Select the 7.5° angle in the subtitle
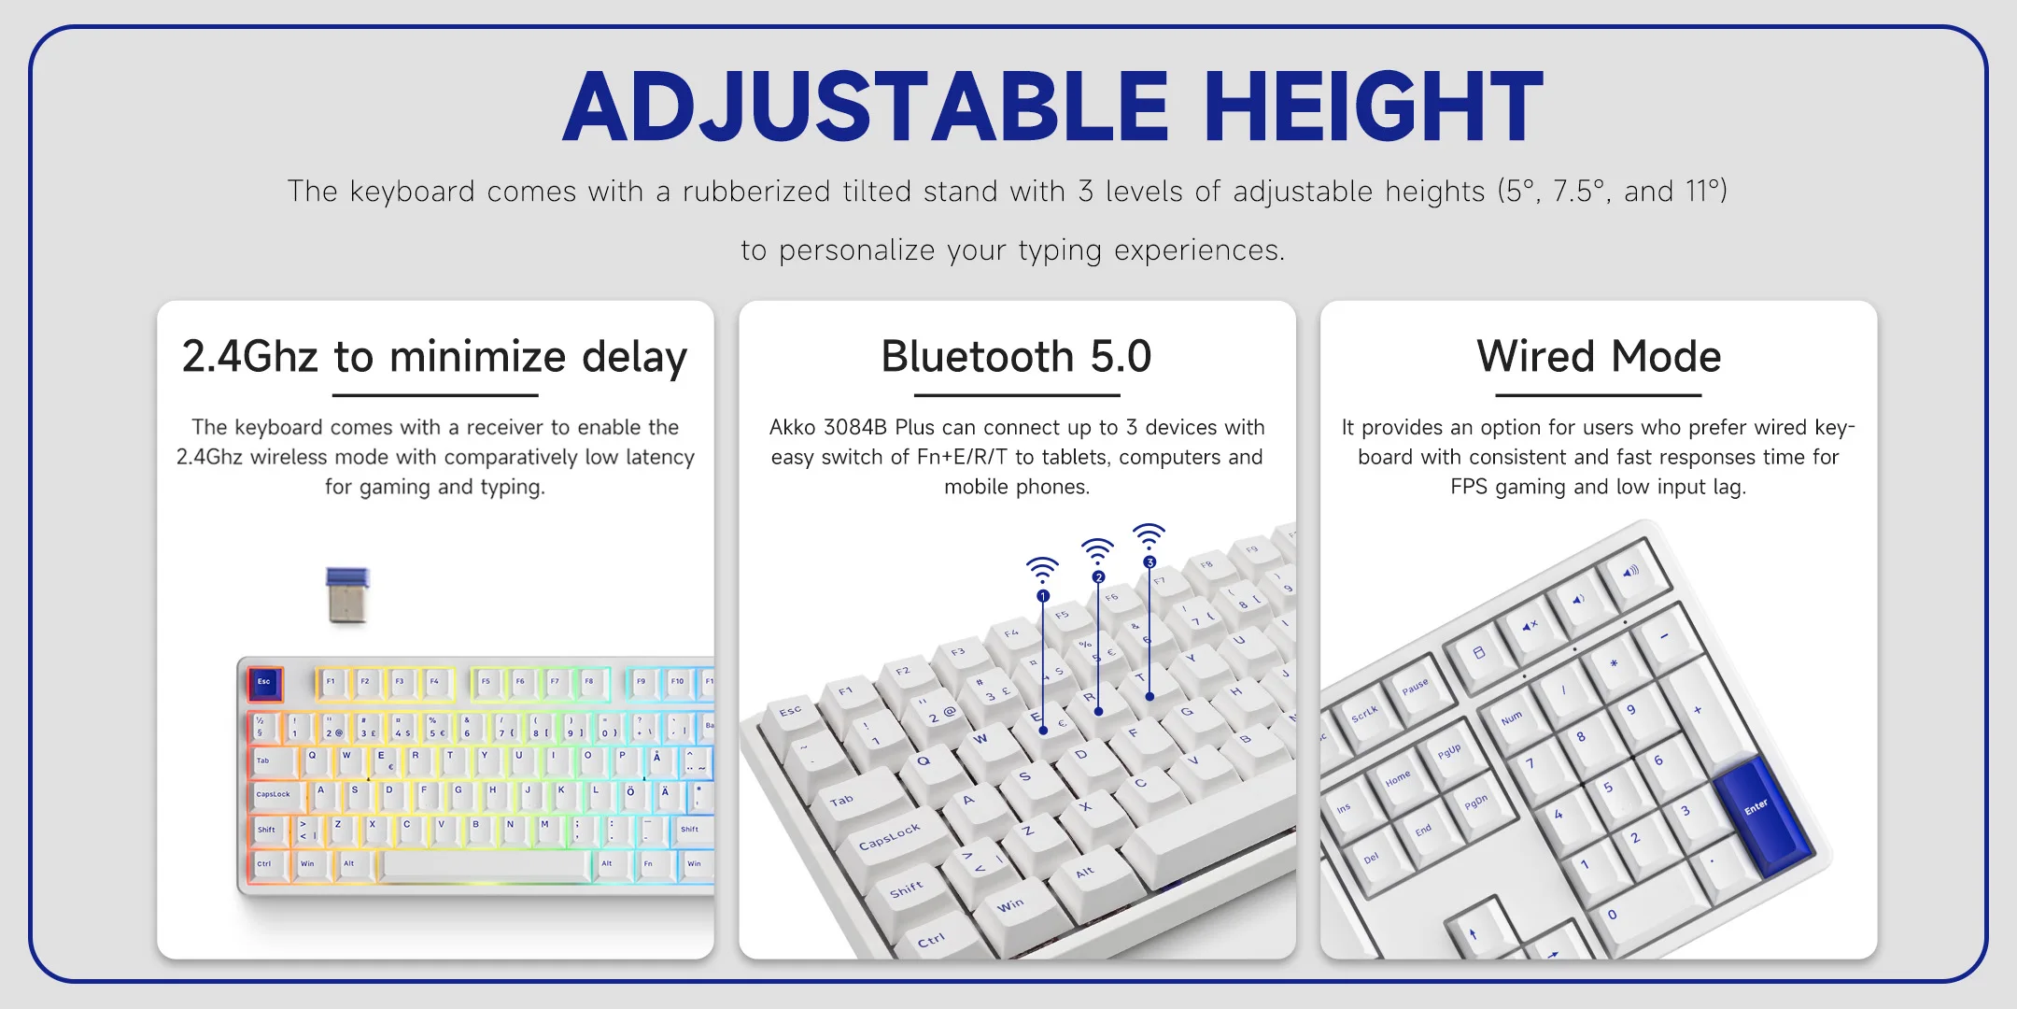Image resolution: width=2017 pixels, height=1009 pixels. (x=1578, y=191)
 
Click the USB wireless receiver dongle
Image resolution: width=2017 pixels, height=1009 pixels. (x=348, y=594)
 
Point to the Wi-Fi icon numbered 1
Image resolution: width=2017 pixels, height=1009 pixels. (x=1042, y=569)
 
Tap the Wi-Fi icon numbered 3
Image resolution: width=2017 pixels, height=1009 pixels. (x=1149, y=535)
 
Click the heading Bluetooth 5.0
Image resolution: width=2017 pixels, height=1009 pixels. (x=1016, y=357)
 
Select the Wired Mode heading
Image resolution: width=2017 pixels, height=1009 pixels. (x=1599, y=357)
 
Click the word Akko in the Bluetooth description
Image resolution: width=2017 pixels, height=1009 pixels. (x=792, y=427)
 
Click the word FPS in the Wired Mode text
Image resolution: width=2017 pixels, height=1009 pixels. (x=1469, y=487)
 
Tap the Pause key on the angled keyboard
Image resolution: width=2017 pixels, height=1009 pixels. (x=1418, y=689)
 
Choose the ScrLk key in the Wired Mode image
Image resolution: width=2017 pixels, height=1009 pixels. (x=1365, y=716)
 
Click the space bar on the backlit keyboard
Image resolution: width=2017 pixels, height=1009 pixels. (x=487, y=865)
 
